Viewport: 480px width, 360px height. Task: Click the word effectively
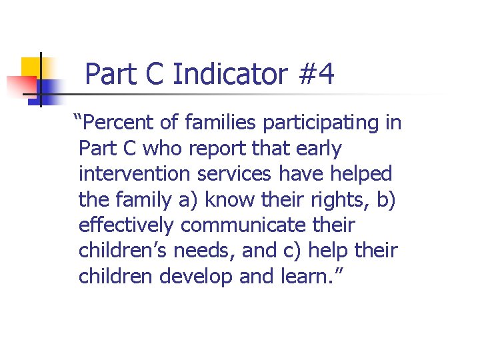126,225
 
